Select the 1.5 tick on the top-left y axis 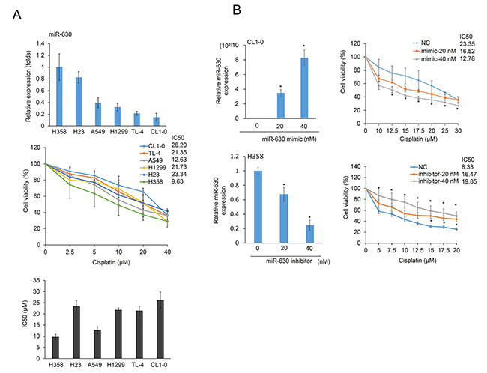click(x=49, y=42)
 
